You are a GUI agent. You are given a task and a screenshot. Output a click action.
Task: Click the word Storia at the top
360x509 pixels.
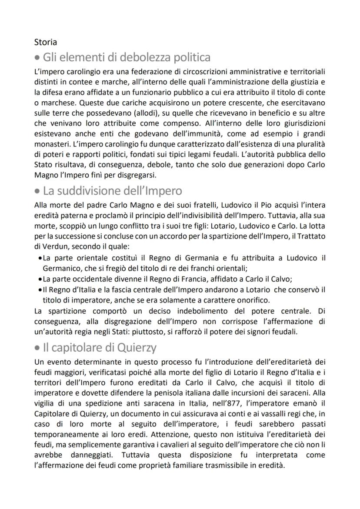click(x=45, y=43)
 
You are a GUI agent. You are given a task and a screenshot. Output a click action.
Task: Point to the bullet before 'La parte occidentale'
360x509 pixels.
click(x=40, y=279)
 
